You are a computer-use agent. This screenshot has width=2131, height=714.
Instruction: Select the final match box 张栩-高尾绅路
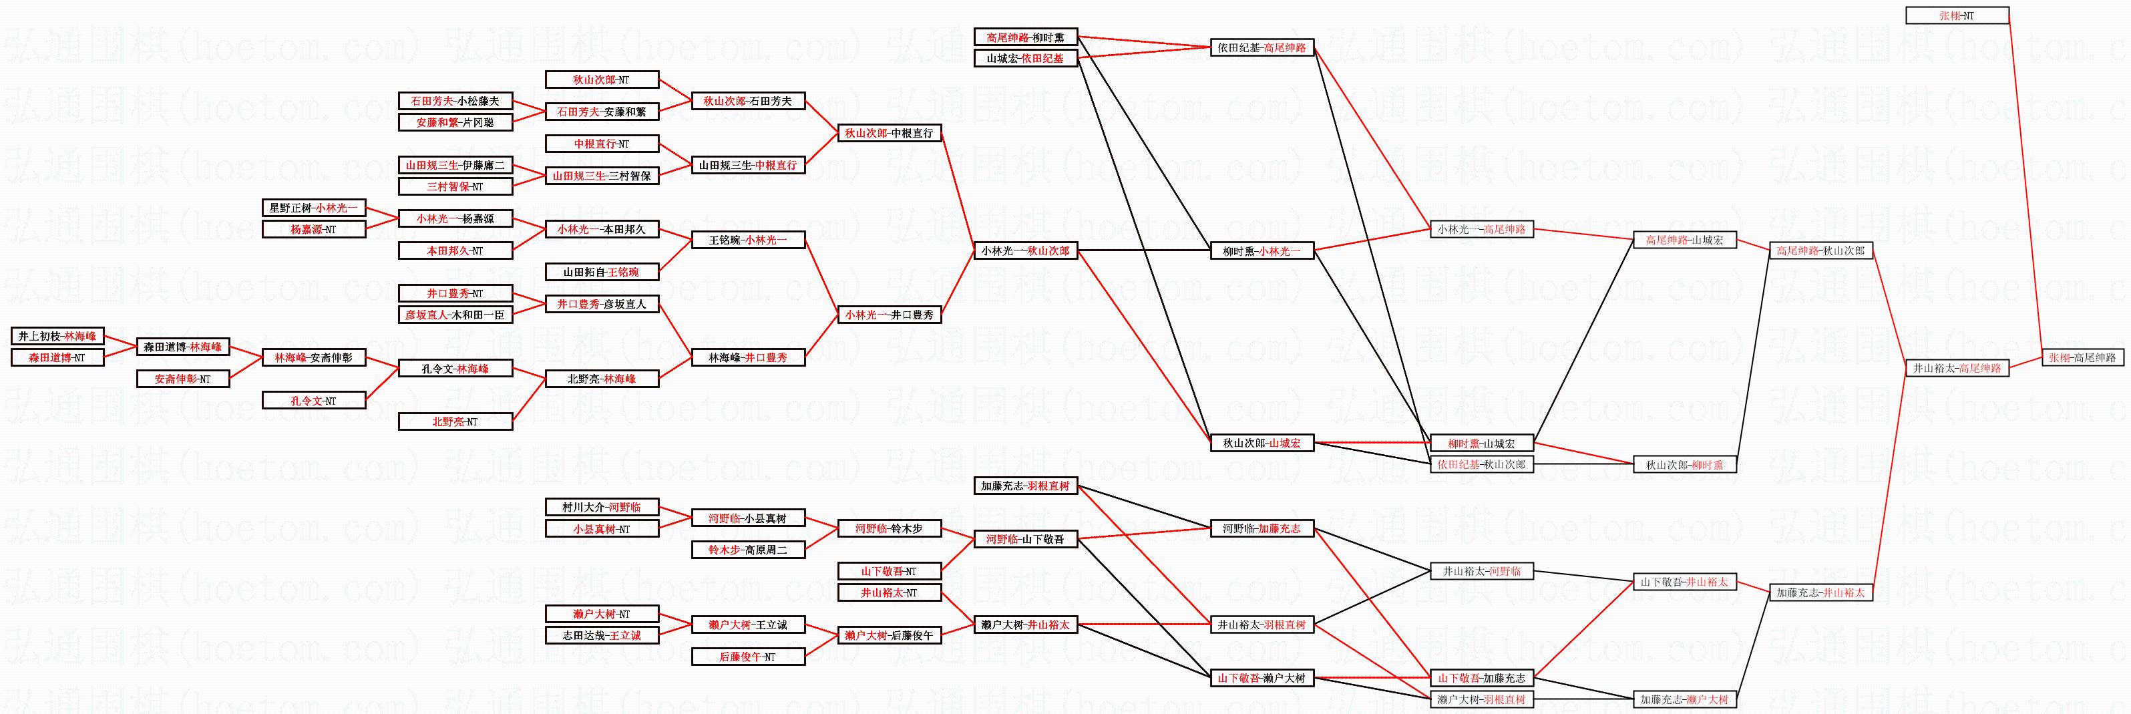tap(2082, 357)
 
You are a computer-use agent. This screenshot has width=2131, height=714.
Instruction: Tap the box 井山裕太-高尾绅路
tap(1957, 368)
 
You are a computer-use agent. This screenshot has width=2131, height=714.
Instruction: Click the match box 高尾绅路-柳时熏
tap(1025, 37)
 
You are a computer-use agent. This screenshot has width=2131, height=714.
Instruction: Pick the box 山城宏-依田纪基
tap(1025, 59)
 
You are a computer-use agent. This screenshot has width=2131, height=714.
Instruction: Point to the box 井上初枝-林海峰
tap(57, 336)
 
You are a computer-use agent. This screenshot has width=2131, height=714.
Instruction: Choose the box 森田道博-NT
tap(57, 357)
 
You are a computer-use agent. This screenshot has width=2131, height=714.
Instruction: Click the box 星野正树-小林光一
tap(313, 208)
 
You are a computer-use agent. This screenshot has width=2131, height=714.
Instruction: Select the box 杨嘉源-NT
tap(313, 229)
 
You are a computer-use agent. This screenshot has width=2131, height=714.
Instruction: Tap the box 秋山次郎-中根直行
tap(890, 133)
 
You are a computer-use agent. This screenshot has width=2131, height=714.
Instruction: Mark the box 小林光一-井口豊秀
tap(890, 315)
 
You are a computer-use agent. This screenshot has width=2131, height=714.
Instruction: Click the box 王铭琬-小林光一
tap(748, 240)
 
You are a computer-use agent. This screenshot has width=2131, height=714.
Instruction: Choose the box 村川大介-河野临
tap(602, 507)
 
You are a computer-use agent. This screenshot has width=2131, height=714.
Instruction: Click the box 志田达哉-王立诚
tap(602, 635)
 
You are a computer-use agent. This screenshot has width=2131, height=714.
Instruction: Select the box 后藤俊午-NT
tap(748, 657)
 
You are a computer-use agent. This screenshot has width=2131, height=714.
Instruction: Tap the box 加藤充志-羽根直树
tap(1025, 486)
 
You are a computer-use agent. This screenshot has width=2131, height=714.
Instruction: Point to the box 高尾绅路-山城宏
tap(1684, 240)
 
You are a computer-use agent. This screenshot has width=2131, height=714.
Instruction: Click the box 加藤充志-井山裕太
tap(1820, 592)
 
